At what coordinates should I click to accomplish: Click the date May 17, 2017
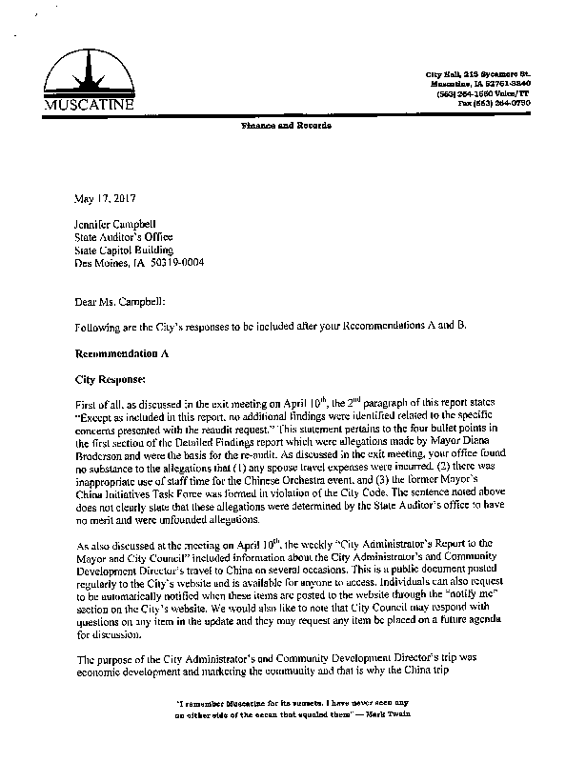104,201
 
